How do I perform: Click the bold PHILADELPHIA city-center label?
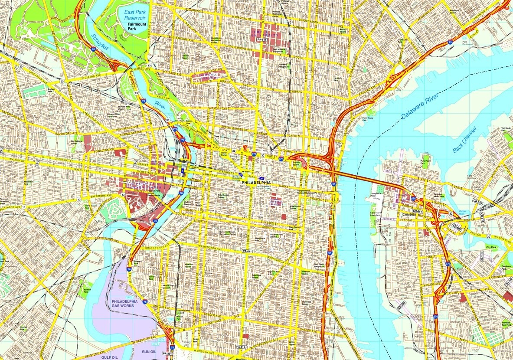point(256,183)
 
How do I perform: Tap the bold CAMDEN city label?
point(409,214)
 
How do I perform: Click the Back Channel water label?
point(464,140)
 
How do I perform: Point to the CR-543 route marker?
point(478,202)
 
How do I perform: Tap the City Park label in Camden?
point(491,247)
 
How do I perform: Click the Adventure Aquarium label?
point(375,213)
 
